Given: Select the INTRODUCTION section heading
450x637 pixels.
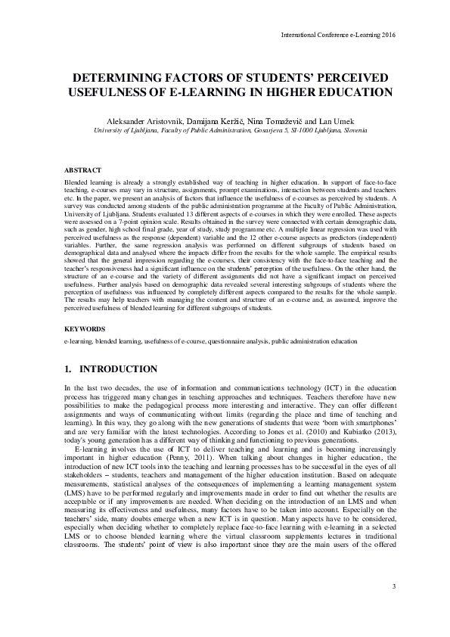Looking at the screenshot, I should (119, 369).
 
